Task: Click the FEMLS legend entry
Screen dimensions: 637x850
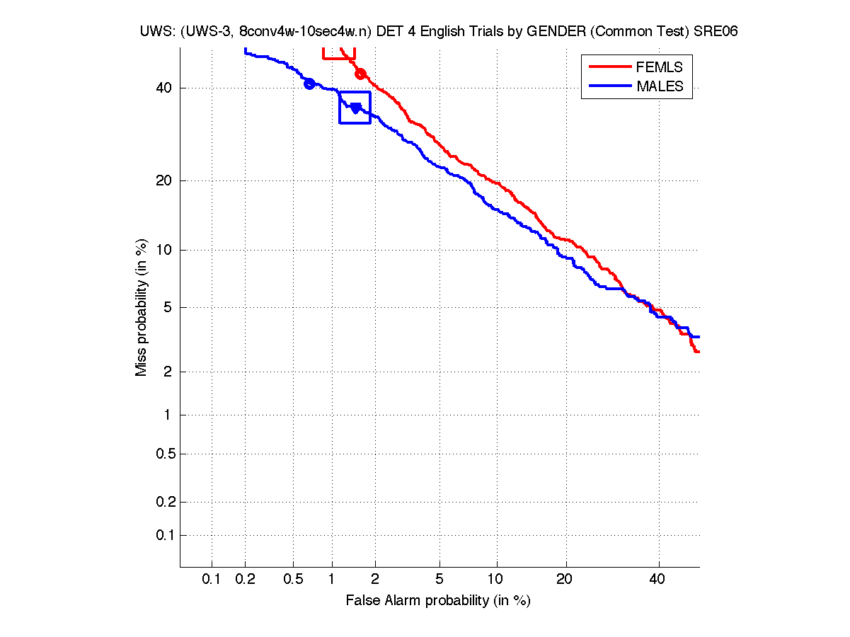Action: (659, 67)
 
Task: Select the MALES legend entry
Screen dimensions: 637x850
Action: (660, 86)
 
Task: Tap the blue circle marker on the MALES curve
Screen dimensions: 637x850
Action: (309, 84)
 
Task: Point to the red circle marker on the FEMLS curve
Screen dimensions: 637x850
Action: (360, 74)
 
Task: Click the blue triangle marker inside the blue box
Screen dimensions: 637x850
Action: (355, 108)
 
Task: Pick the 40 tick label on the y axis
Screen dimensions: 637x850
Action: (166, 88)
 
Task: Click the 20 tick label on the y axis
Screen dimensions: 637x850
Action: (166, 180)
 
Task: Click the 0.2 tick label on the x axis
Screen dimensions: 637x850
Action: (246, 580)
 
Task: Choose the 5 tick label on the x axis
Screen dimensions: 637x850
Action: (440, 580)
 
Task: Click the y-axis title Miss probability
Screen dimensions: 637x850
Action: (142, 308)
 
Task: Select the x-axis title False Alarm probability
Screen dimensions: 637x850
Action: (438, 601)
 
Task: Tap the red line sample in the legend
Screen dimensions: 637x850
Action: (609, 67)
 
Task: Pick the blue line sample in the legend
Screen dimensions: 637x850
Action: (609, 86)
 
